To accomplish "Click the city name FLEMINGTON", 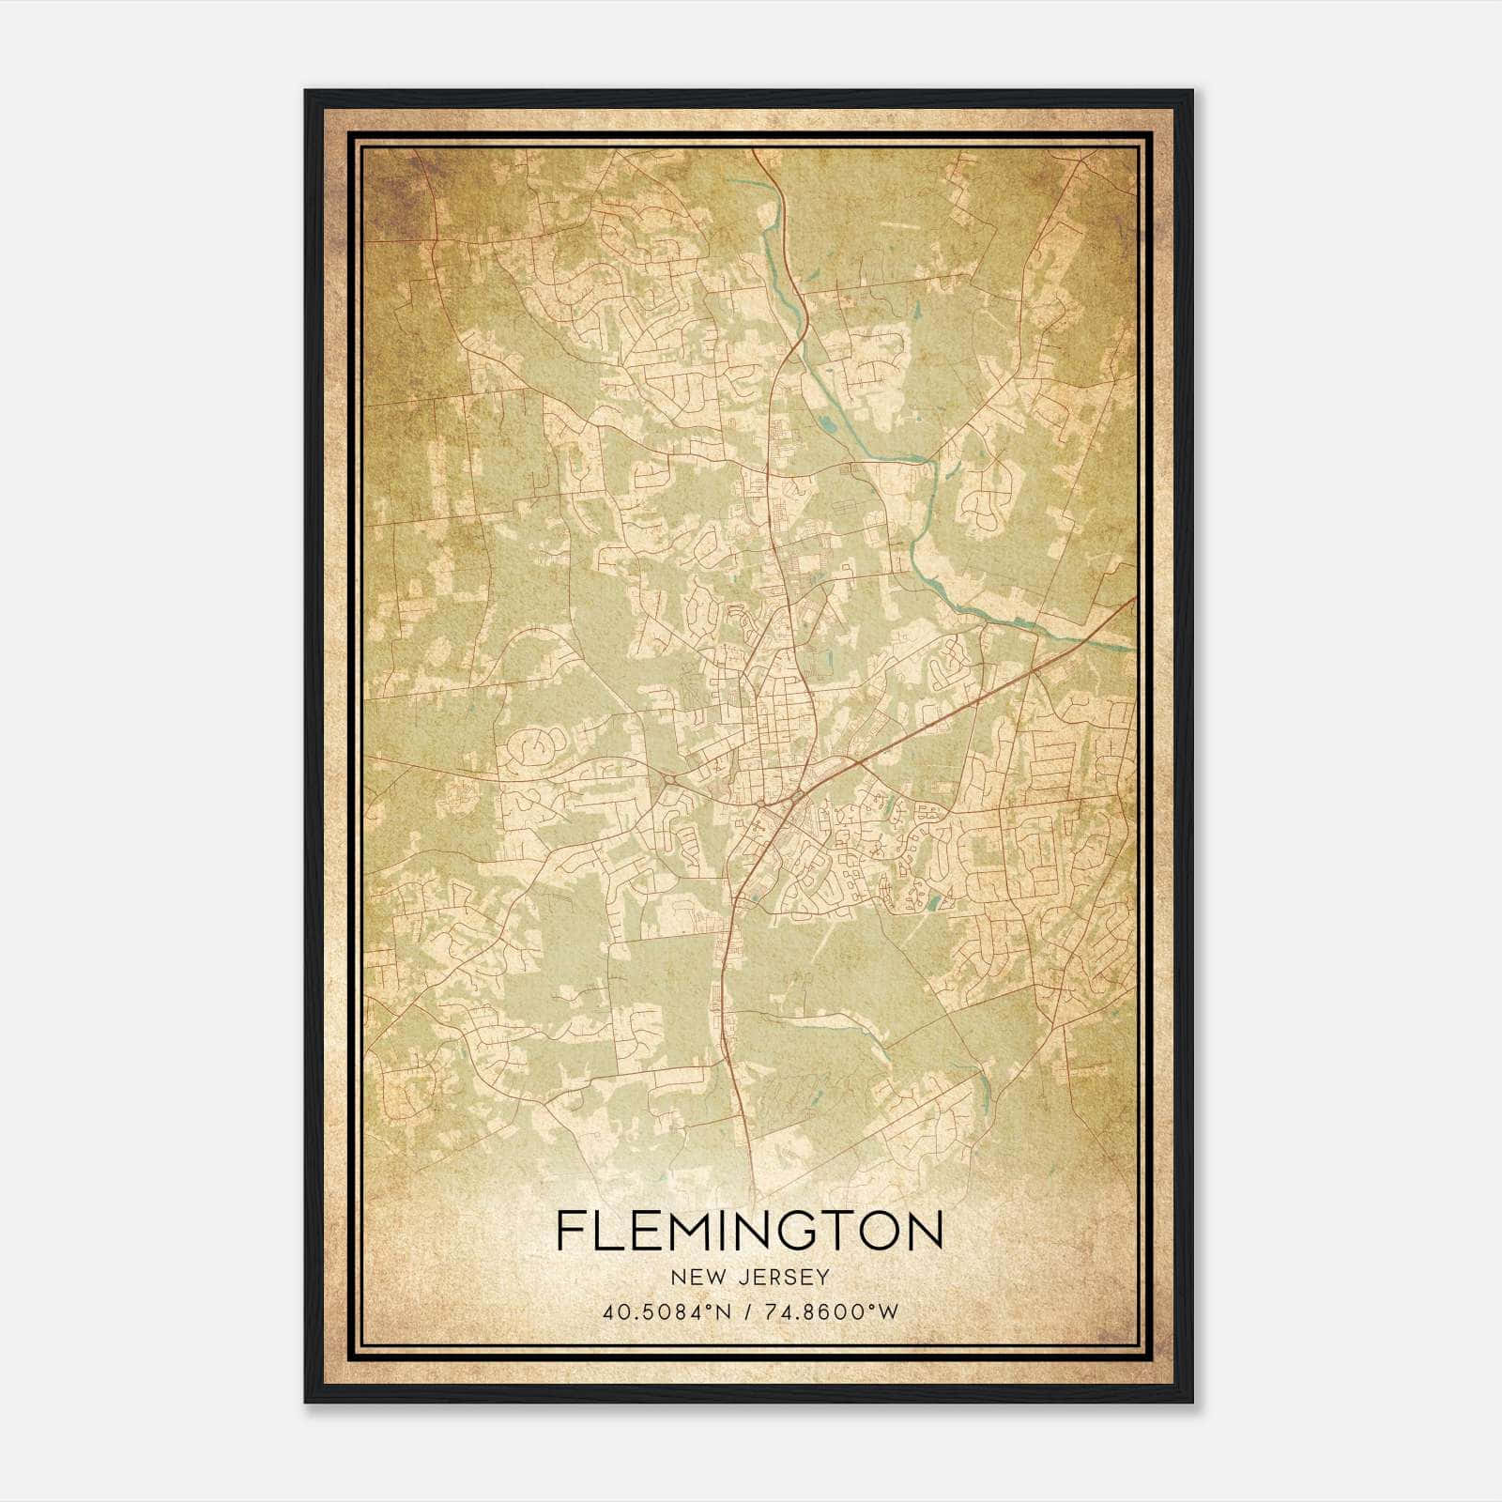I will pyautogui.click(x=749, y=1231).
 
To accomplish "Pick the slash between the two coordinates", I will pyautogui.click(x=745, y=1311).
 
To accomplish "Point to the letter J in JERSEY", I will pyautogui.click(x=743, y=1278).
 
